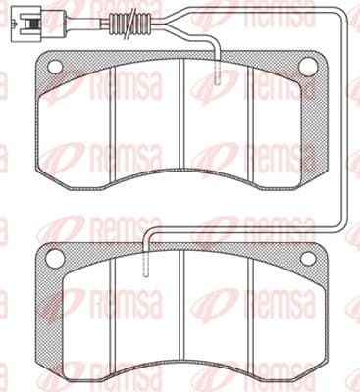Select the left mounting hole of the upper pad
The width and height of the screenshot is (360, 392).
point(55,68)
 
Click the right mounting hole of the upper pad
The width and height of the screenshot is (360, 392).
point(306,66)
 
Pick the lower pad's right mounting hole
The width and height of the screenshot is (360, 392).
point(308,259)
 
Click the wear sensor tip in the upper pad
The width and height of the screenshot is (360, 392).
point(218,73)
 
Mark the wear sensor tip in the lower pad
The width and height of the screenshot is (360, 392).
point(146,265)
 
